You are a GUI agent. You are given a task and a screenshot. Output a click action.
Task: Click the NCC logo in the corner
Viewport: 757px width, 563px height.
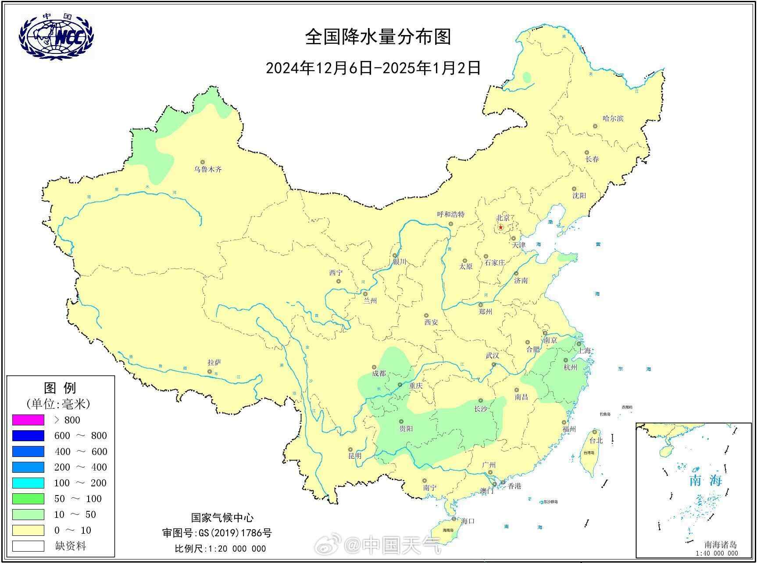56,35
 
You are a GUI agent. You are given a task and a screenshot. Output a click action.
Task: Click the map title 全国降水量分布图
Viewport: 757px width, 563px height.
378,37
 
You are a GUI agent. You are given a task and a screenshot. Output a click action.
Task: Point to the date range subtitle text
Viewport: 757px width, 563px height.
373,68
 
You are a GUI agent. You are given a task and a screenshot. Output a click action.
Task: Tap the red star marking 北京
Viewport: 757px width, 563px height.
500,227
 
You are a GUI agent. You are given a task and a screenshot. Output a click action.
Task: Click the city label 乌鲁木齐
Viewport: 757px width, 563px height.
208,169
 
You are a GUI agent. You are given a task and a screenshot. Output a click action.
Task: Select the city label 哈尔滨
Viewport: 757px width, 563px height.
613,118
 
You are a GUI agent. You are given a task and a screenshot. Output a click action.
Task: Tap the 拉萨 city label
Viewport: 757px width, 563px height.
214,362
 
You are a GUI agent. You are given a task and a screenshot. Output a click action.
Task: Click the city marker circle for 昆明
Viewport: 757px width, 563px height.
350,450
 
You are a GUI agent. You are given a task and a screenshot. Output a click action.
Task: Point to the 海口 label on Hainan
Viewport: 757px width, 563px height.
468,521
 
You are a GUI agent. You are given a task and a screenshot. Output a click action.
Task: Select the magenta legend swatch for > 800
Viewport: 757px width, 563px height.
28,420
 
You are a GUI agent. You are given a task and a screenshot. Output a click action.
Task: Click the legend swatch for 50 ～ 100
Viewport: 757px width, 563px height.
28,499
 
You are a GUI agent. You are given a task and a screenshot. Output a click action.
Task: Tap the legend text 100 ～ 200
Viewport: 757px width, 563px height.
80,483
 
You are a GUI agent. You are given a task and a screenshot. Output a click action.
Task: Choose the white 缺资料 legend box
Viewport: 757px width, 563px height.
28,546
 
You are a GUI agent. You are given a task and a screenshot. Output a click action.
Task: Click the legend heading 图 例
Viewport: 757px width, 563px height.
60,388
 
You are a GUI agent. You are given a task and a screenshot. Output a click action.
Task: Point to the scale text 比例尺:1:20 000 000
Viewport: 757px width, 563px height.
220,549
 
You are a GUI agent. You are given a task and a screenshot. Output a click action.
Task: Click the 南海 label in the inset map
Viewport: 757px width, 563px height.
705,481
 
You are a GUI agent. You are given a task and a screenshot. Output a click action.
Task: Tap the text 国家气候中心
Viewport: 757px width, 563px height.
222,518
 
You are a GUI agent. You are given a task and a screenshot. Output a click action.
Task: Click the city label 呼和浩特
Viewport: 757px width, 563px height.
450,215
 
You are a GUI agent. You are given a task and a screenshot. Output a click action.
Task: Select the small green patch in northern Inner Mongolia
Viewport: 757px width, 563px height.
527,77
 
